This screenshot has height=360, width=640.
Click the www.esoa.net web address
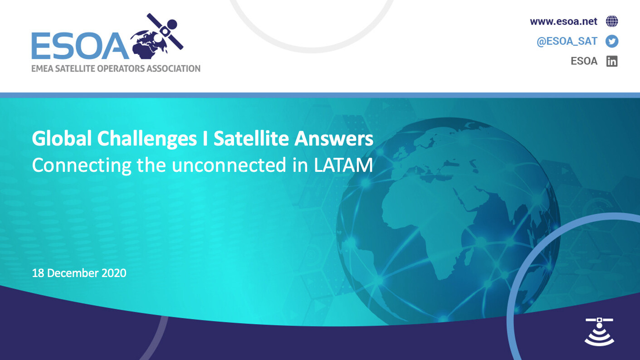point(563,21)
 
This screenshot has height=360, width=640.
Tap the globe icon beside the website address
point(612,21)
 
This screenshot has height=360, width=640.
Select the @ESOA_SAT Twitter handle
point(567,41)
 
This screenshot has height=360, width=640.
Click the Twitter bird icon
point(612,41)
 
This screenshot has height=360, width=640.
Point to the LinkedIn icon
point(612,61)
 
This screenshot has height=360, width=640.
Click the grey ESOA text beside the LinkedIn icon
point(584,61)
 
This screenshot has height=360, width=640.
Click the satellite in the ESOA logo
point(165,31)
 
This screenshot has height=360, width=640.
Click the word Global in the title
point(62,139)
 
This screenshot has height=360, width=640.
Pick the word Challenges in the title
point(147,139)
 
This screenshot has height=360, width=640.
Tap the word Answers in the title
point(334,139)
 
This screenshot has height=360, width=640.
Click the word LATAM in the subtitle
point(343,165)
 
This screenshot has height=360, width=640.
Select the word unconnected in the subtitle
point(229,165)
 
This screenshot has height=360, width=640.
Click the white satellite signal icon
point(599,332)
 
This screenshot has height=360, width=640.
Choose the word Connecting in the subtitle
point(82,165)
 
